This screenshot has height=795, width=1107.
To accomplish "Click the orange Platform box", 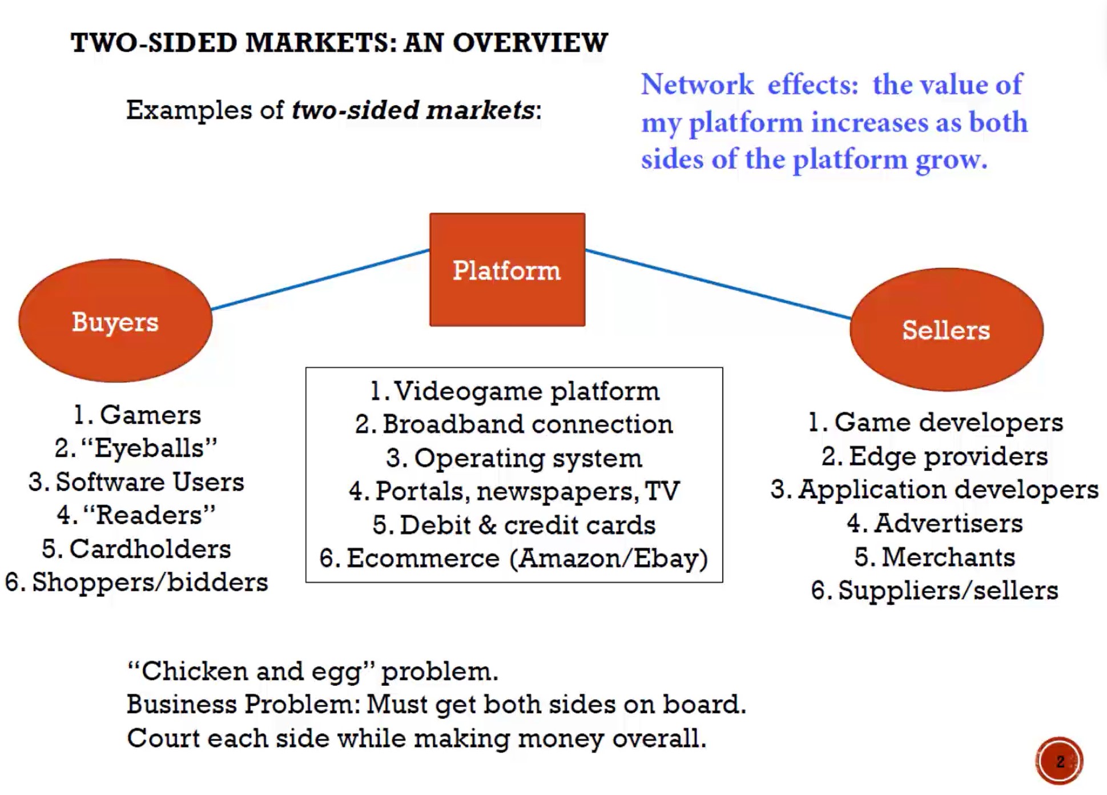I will coord(507,270).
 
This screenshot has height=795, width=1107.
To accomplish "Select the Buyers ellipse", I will coord(115,321).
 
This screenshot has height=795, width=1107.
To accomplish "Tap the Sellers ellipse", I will coord(946,330).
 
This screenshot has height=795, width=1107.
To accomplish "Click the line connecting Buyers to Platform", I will coord(320,279).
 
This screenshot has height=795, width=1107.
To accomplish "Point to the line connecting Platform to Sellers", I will coord(718,283).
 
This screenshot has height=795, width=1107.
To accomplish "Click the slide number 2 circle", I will coord(1059,761).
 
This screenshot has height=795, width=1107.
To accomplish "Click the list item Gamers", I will coord(150,415).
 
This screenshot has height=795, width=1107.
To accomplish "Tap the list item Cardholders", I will coord(150,549).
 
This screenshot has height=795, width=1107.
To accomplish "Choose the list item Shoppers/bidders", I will coord(150,583).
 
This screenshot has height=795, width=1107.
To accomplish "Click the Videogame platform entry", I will coord(526,392).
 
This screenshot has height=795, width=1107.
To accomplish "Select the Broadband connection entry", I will coord(527,425).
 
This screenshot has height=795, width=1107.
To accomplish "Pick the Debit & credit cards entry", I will coord(527,525).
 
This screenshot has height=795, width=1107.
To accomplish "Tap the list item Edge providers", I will coord(948,456).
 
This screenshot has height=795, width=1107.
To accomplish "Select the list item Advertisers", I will coord(948,524).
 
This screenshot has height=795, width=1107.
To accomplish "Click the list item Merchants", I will coord(948,557).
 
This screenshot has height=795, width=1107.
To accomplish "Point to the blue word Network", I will coord(697,85).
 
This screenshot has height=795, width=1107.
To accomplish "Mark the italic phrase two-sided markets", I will coord(413,110).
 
